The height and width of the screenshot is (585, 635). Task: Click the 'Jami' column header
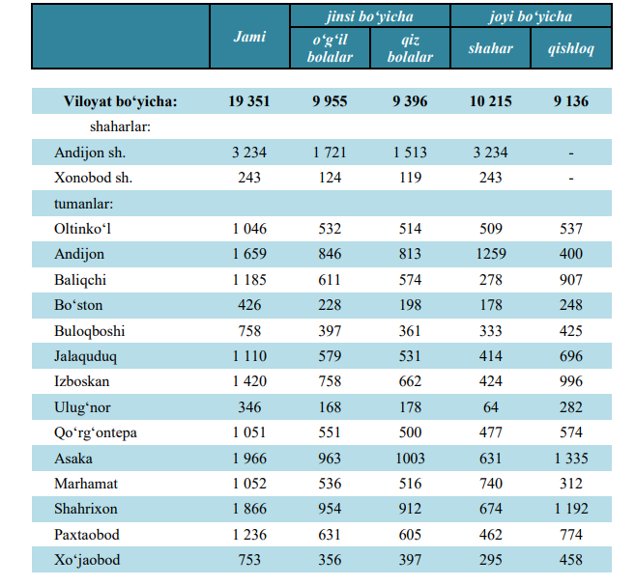pos(249,37)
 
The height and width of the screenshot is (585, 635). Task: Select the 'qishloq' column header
pos(571,48)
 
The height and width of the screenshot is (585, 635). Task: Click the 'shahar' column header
pos(490,48)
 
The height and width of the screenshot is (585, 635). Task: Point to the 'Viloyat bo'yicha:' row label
pos(121,101)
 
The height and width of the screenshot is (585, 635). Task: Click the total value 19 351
pos(249,101)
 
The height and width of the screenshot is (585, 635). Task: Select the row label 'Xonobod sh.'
pos(94,178)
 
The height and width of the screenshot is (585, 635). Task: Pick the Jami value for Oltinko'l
pos(249,229)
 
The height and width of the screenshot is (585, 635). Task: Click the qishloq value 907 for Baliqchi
pos(571,280)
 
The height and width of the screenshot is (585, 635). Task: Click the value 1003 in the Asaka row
pos(410,459)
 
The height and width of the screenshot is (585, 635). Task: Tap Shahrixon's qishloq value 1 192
pos(571,509)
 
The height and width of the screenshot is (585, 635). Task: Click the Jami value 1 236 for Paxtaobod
pos(249,535)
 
